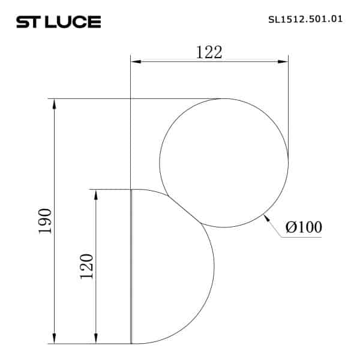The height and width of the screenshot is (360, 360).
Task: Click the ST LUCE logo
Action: click(58, 22)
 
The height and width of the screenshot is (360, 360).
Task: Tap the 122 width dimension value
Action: click(209, 52)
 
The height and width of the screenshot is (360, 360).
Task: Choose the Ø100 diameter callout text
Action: click(304, 227)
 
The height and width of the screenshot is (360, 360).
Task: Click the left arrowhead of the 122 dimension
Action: click(136, 61)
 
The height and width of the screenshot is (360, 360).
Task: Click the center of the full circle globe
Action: click(224, 163)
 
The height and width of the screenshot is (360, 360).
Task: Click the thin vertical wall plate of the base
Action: click(131, 266)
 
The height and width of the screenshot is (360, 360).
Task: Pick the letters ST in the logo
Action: click(27, 22)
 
